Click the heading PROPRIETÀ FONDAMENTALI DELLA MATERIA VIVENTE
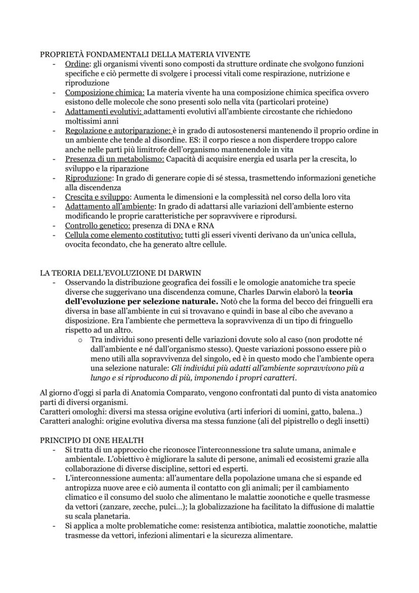[x=145, y=55]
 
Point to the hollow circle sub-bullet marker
[x=80, y=340]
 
